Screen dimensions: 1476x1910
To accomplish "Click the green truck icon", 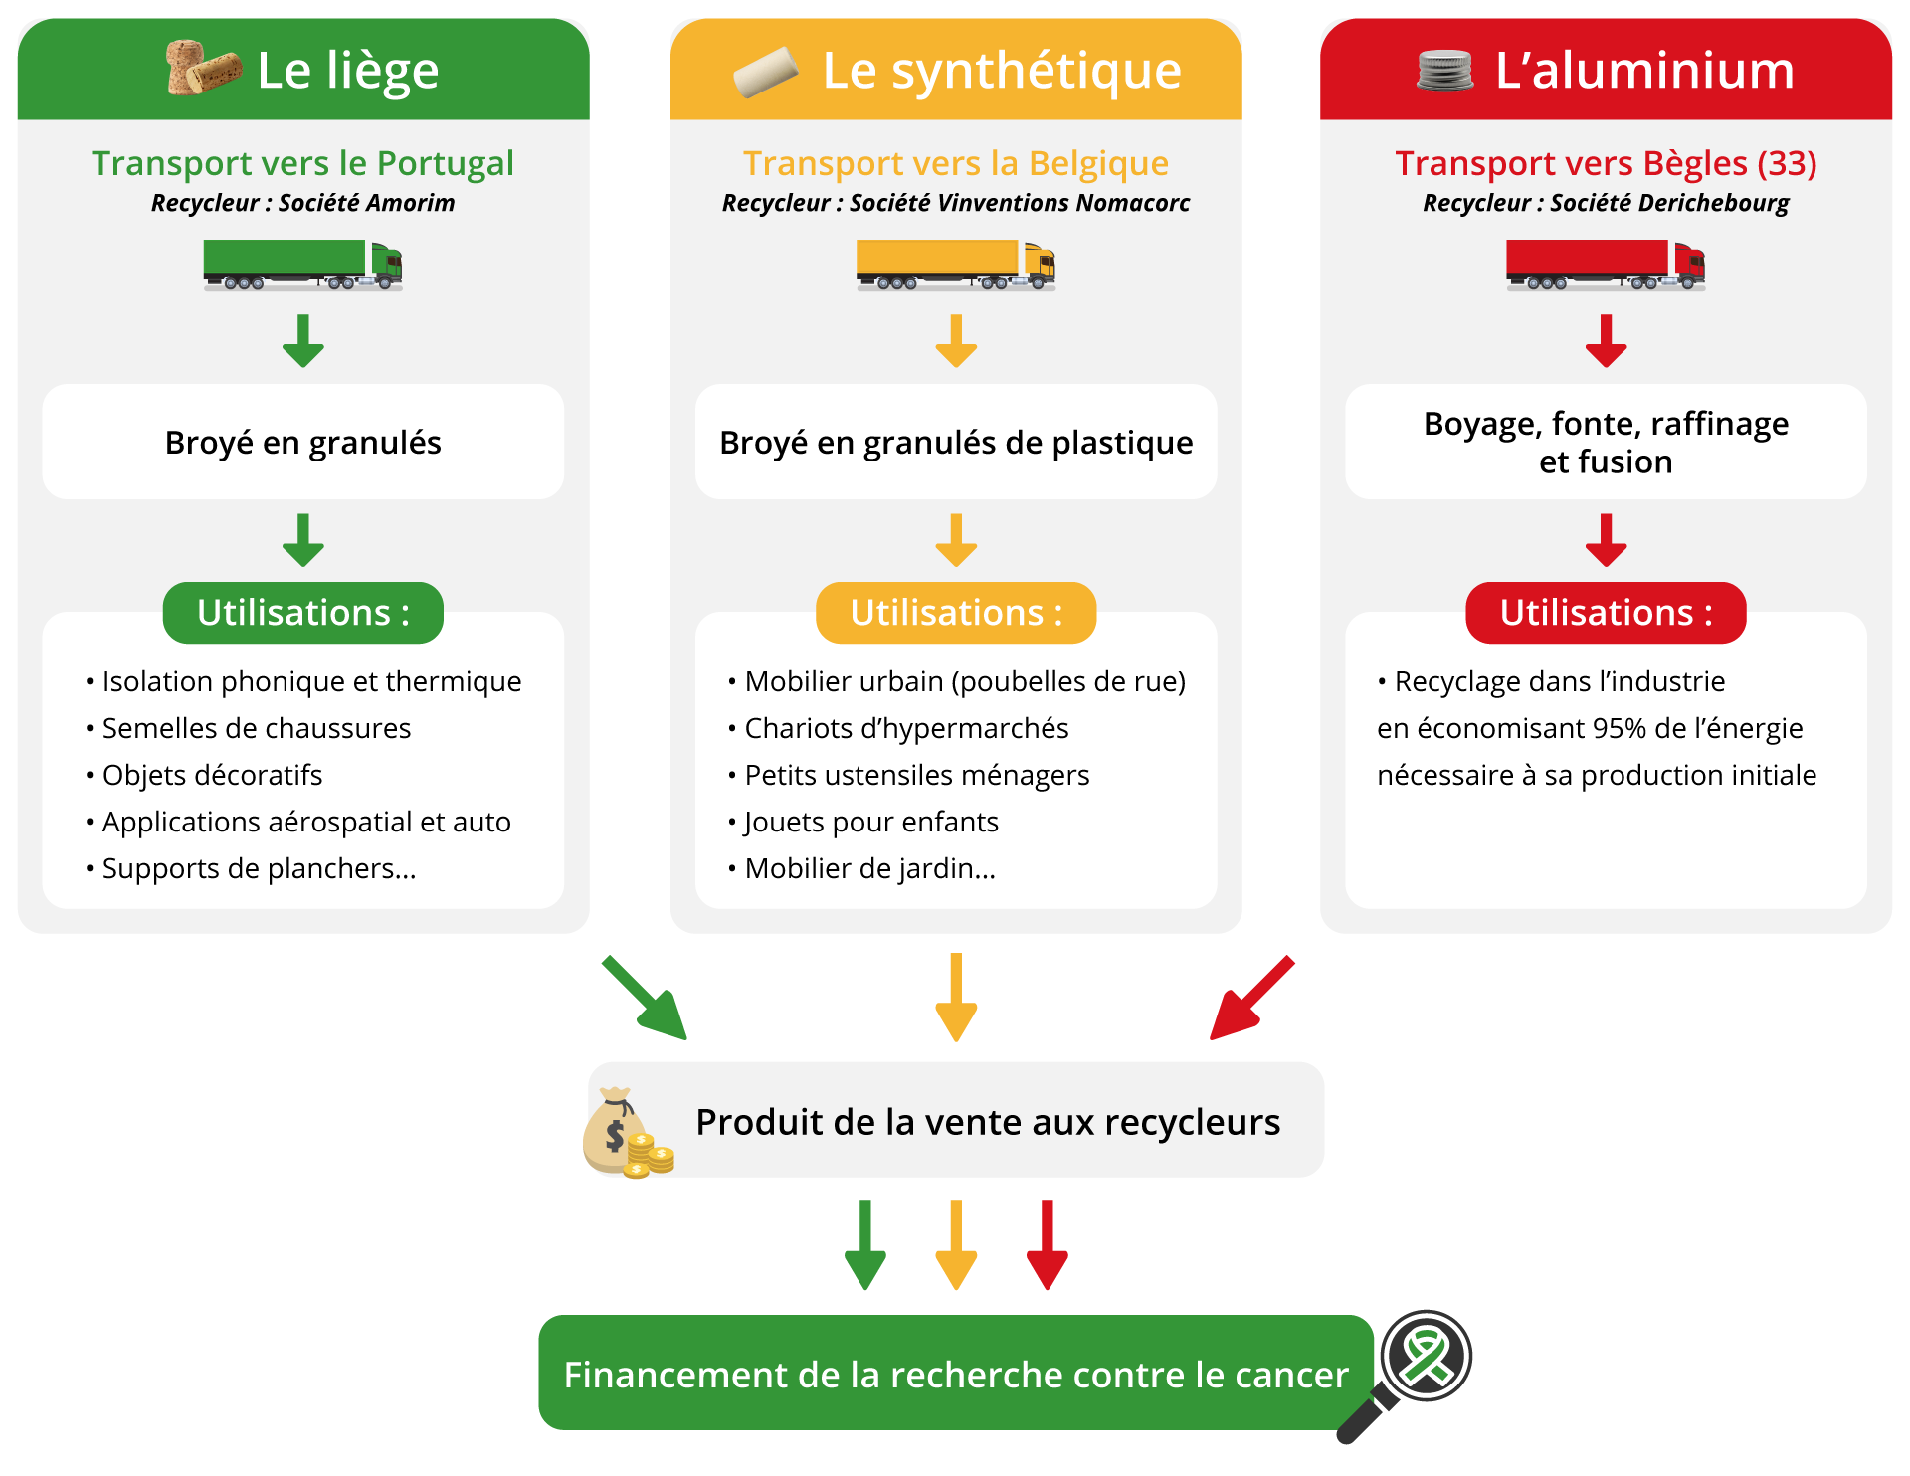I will click(x=302, y=265).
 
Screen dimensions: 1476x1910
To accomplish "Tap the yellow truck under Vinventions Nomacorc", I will click(x=955, y=265).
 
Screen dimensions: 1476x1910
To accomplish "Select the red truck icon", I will click(x=1606, y=265).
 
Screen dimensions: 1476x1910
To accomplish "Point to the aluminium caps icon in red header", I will click(x=1445, y=71).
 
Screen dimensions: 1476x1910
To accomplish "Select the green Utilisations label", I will click(x=302, y=613).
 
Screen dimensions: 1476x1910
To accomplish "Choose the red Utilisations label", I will click(x=1606, y=613).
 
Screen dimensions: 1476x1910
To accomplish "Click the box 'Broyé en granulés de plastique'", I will click(x=956, y=442).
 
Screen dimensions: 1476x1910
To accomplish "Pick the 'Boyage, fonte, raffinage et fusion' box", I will click(x=1606, y=442).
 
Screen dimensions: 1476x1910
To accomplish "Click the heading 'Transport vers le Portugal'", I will click(x=302, y=163).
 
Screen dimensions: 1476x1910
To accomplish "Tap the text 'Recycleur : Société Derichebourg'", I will click(x=1606, y=203).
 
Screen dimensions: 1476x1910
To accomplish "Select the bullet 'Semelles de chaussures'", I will click(x=256, y=728).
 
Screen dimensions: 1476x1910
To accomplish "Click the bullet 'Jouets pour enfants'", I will click(x=870, y=822).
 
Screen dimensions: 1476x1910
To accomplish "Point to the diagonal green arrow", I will click(x=645, y=998).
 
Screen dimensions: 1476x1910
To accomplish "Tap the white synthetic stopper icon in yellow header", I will click(x=766, y=72).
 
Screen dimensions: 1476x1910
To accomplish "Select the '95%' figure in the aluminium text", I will click(x=1620, y=728).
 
